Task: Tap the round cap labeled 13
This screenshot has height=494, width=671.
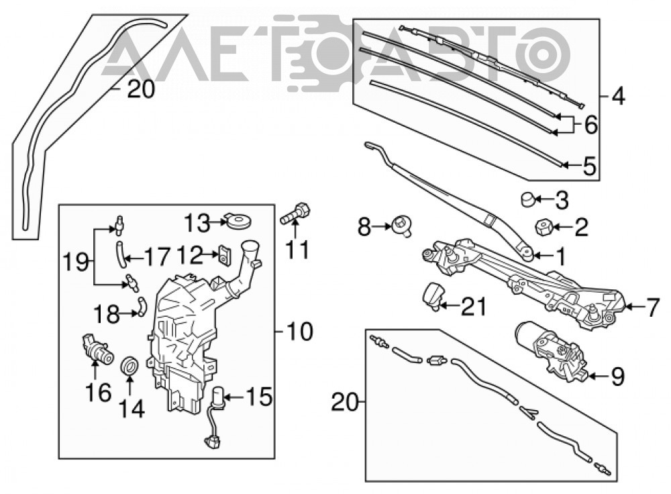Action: coord(238,221)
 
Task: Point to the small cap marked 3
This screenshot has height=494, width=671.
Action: coord(527,199)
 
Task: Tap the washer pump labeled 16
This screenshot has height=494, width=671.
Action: coord(97,349)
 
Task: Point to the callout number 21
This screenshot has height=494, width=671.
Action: coord(474,307)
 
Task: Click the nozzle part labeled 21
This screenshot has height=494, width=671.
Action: coord(433,295)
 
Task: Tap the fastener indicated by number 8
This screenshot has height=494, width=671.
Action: coord(402,227)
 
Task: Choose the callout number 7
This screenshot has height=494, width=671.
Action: coord(653,307)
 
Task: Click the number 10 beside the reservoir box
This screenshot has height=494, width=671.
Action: coord(299,332)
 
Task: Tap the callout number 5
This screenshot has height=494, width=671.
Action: coord(590,166)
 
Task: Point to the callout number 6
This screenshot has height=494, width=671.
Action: coord(590,126)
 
